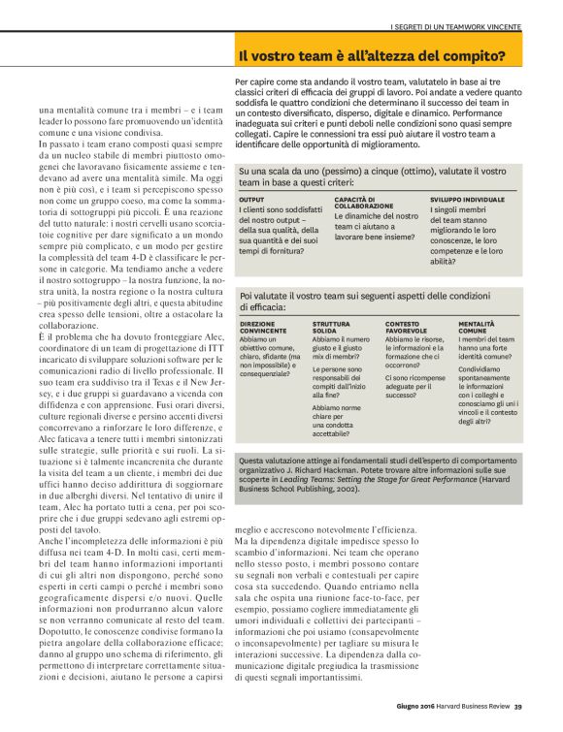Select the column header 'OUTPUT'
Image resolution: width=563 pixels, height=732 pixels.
point(251,200)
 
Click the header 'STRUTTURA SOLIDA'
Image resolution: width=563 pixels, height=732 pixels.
point(332,327)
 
